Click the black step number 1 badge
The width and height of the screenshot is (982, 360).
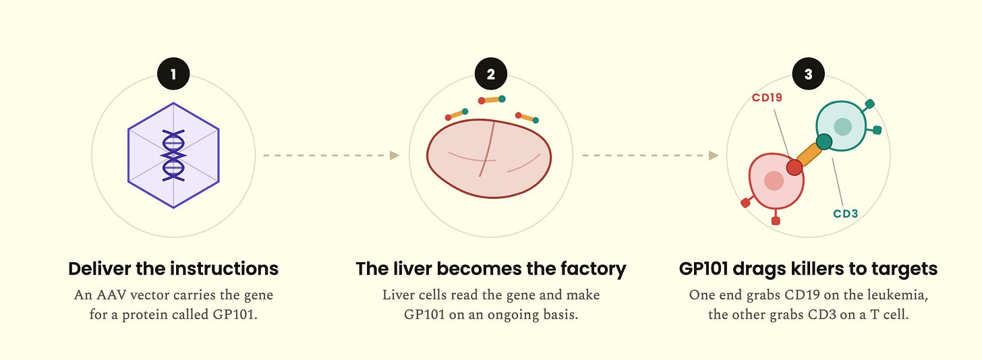(173, 73)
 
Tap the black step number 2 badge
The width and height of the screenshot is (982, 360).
(491, 73)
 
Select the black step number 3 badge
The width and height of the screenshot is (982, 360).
(809, 73)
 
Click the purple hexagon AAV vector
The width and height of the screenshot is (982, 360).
(173, 156)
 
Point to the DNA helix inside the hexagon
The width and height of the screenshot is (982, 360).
(173, 156)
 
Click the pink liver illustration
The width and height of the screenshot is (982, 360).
(489, 158)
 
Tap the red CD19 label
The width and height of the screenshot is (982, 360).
(768, 98)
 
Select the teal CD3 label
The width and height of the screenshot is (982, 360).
(846, 214)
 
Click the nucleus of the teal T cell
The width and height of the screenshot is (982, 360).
(842, 127)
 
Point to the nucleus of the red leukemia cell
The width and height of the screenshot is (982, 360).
(774, 181)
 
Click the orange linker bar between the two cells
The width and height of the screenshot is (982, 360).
(809, 154)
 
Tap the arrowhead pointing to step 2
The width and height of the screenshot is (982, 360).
(395, 156)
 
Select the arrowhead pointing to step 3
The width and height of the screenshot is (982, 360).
(714, 156)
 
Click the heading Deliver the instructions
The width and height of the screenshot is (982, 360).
(173, 268)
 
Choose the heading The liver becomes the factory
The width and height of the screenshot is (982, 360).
(491, 269)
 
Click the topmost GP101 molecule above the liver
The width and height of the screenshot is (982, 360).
(492, 100)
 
